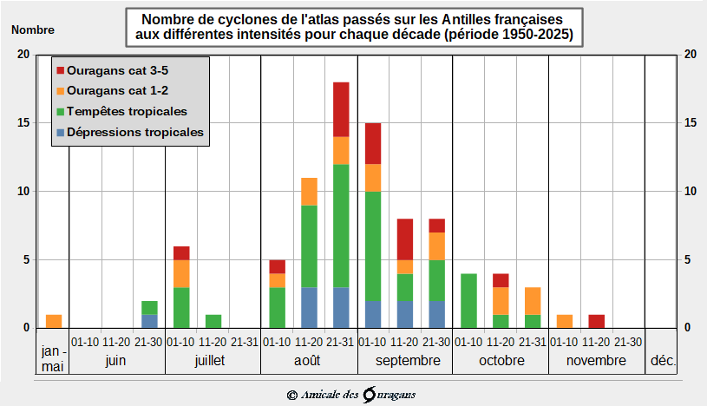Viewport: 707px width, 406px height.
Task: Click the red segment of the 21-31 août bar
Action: point(341,109)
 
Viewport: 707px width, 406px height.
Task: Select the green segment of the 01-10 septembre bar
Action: point(373,246)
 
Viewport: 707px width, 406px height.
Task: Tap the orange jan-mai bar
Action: point(54,321)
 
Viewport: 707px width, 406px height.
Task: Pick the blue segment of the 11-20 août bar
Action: point(309,307)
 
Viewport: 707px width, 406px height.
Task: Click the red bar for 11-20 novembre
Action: point(596,321)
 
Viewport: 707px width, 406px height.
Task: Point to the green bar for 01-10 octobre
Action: point(468,300)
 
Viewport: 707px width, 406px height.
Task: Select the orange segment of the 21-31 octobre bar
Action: point(533,300)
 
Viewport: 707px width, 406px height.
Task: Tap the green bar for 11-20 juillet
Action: point(213,321)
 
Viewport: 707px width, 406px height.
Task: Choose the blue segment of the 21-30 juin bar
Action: point(149,321)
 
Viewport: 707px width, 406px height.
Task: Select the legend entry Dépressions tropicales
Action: point(135,133)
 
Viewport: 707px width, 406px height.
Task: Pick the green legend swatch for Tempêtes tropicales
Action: point(60,112)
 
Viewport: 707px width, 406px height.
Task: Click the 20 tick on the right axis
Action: point(691,54)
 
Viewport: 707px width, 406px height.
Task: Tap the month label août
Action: point(309,360)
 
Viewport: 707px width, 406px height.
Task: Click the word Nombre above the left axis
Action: point(33,29)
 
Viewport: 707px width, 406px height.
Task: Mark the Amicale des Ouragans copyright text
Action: point(352,395)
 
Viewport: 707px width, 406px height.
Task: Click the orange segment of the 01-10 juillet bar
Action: point(181,273)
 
